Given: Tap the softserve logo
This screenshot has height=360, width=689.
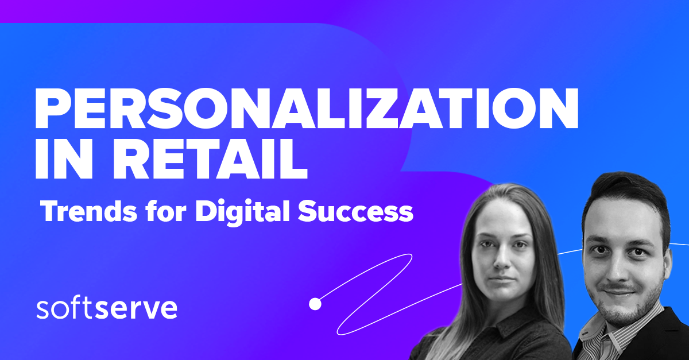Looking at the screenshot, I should point(107,309).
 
